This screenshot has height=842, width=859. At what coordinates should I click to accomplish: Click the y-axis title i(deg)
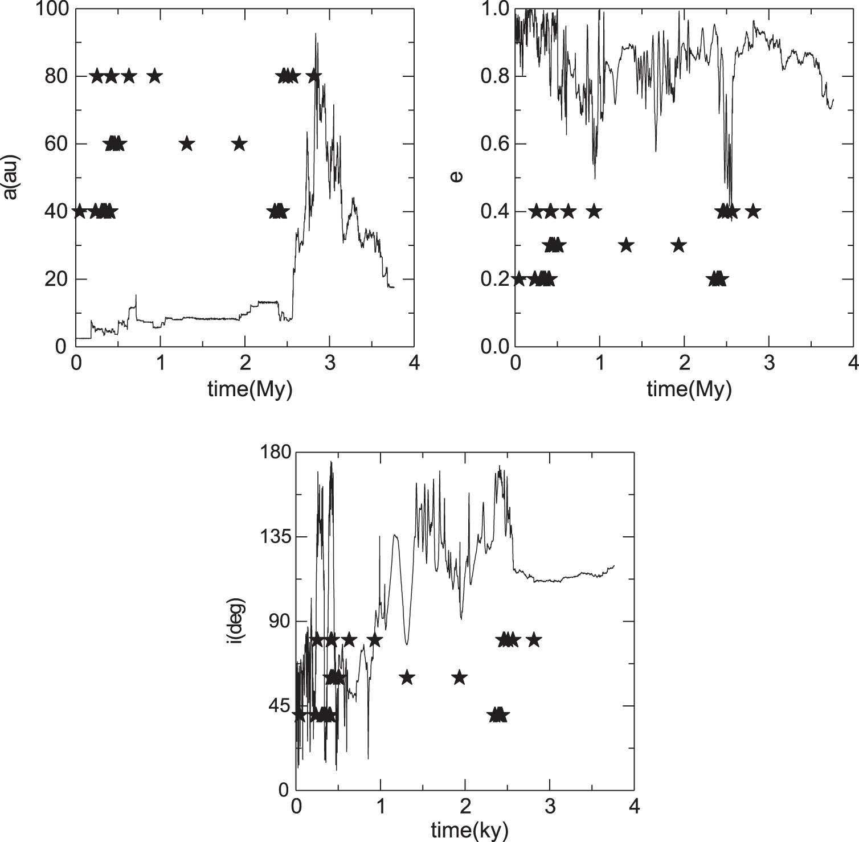click(x=235, y=621)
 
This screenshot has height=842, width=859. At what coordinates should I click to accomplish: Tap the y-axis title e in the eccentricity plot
click(x=456, y=177)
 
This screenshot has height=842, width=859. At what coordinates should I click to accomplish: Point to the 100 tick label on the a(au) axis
click(x=52, y=9)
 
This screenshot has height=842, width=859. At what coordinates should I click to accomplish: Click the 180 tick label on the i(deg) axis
click(x=276, y=453)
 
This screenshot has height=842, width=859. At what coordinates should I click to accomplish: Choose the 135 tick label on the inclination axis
click(x=276, y=537)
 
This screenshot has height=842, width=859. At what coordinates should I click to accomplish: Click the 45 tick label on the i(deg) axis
click(x=280, y=706)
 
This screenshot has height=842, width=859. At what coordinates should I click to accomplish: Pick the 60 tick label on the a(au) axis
click(x=56, y=144)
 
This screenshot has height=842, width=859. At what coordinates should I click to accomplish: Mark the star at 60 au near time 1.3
click(x=187, y=144)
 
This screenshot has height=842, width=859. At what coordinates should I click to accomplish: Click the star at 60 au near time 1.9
click(x=239, y=143)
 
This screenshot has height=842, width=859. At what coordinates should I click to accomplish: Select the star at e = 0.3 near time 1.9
click(x=678, y=245)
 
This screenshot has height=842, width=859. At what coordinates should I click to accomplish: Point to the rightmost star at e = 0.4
click(x=753, y=211)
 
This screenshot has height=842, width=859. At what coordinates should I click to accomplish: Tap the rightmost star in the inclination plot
click(x=533, y=640)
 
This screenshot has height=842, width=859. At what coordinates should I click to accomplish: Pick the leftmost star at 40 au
click(x=79, y=211)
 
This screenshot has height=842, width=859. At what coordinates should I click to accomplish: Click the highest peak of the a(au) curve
click(x=316, y=34)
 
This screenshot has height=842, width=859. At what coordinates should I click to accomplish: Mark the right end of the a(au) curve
click(x=393, y=287)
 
